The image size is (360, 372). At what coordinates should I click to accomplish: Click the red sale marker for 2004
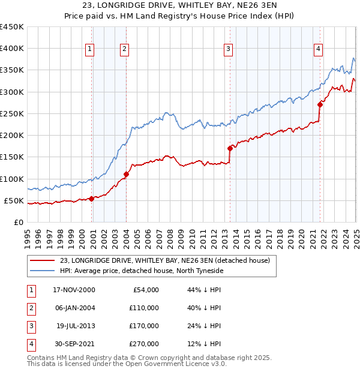click(x=126, y=175)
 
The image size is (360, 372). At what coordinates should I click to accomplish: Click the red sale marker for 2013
click(x=230, y=148)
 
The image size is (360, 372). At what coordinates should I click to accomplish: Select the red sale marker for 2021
click(x=320, y=105)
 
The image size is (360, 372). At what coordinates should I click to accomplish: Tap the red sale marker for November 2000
click(x=91, y=199)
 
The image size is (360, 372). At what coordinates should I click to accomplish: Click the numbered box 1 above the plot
click(x=89, y=49)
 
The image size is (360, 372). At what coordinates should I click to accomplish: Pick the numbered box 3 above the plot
click(x=229, y=49)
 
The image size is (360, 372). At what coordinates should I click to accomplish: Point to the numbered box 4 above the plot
click(x=318, y=49)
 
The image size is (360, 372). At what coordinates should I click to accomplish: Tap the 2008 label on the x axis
click(x=170, y=235)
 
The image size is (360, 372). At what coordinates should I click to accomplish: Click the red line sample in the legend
click(x=42, y=260)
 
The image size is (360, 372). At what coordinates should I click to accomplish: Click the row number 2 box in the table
click(x=31, y=308)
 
